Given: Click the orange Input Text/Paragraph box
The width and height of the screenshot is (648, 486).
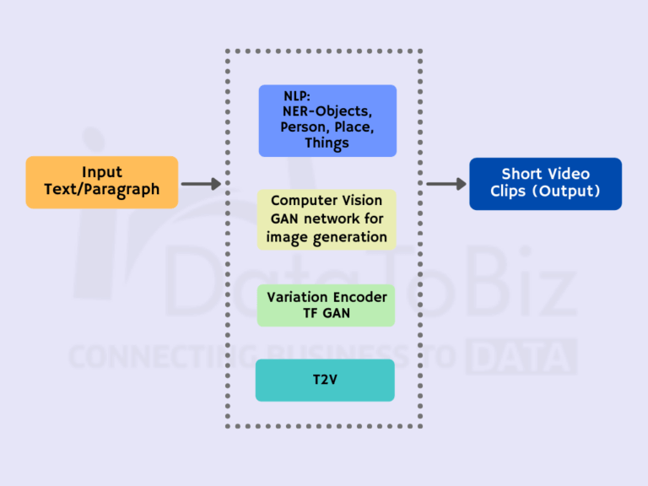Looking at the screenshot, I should click(x=102, y=181).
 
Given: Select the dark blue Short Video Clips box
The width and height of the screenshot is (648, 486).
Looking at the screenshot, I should click(x=545, y=183).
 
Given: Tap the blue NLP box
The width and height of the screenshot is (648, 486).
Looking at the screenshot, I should click(x=327, y=121).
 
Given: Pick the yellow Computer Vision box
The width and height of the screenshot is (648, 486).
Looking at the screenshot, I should click(x=327, y=219).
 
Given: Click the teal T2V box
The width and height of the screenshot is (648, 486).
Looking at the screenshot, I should click(x=325, y=380).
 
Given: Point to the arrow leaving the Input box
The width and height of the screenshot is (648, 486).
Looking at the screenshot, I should click(x=201, y=183).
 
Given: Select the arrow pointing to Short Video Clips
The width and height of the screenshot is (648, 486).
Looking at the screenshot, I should click(x=446, y=183).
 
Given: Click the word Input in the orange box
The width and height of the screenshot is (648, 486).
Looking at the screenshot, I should click(x=102, y=172).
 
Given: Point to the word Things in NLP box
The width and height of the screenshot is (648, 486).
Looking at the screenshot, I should click(x=327, y=143).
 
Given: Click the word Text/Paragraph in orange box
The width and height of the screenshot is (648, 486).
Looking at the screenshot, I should click(x=102, y=191).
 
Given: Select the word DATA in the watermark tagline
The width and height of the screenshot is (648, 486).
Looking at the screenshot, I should click(x=521, y=356).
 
